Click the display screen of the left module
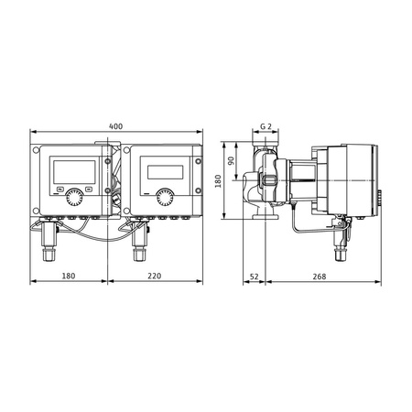pyautogui.click(x=73, y=168)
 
